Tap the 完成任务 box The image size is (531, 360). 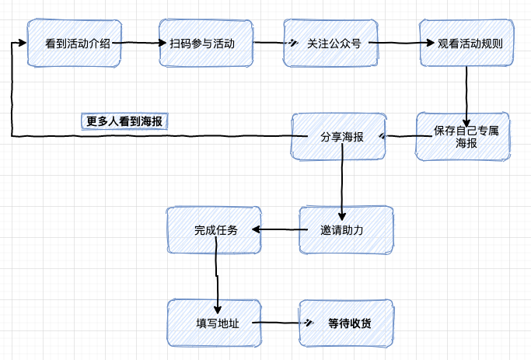215,230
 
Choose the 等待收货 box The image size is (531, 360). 347,322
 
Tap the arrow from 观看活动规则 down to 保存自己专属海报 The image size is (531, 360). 466,92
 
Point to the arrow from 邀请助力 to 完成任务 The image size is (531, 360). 281,229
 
